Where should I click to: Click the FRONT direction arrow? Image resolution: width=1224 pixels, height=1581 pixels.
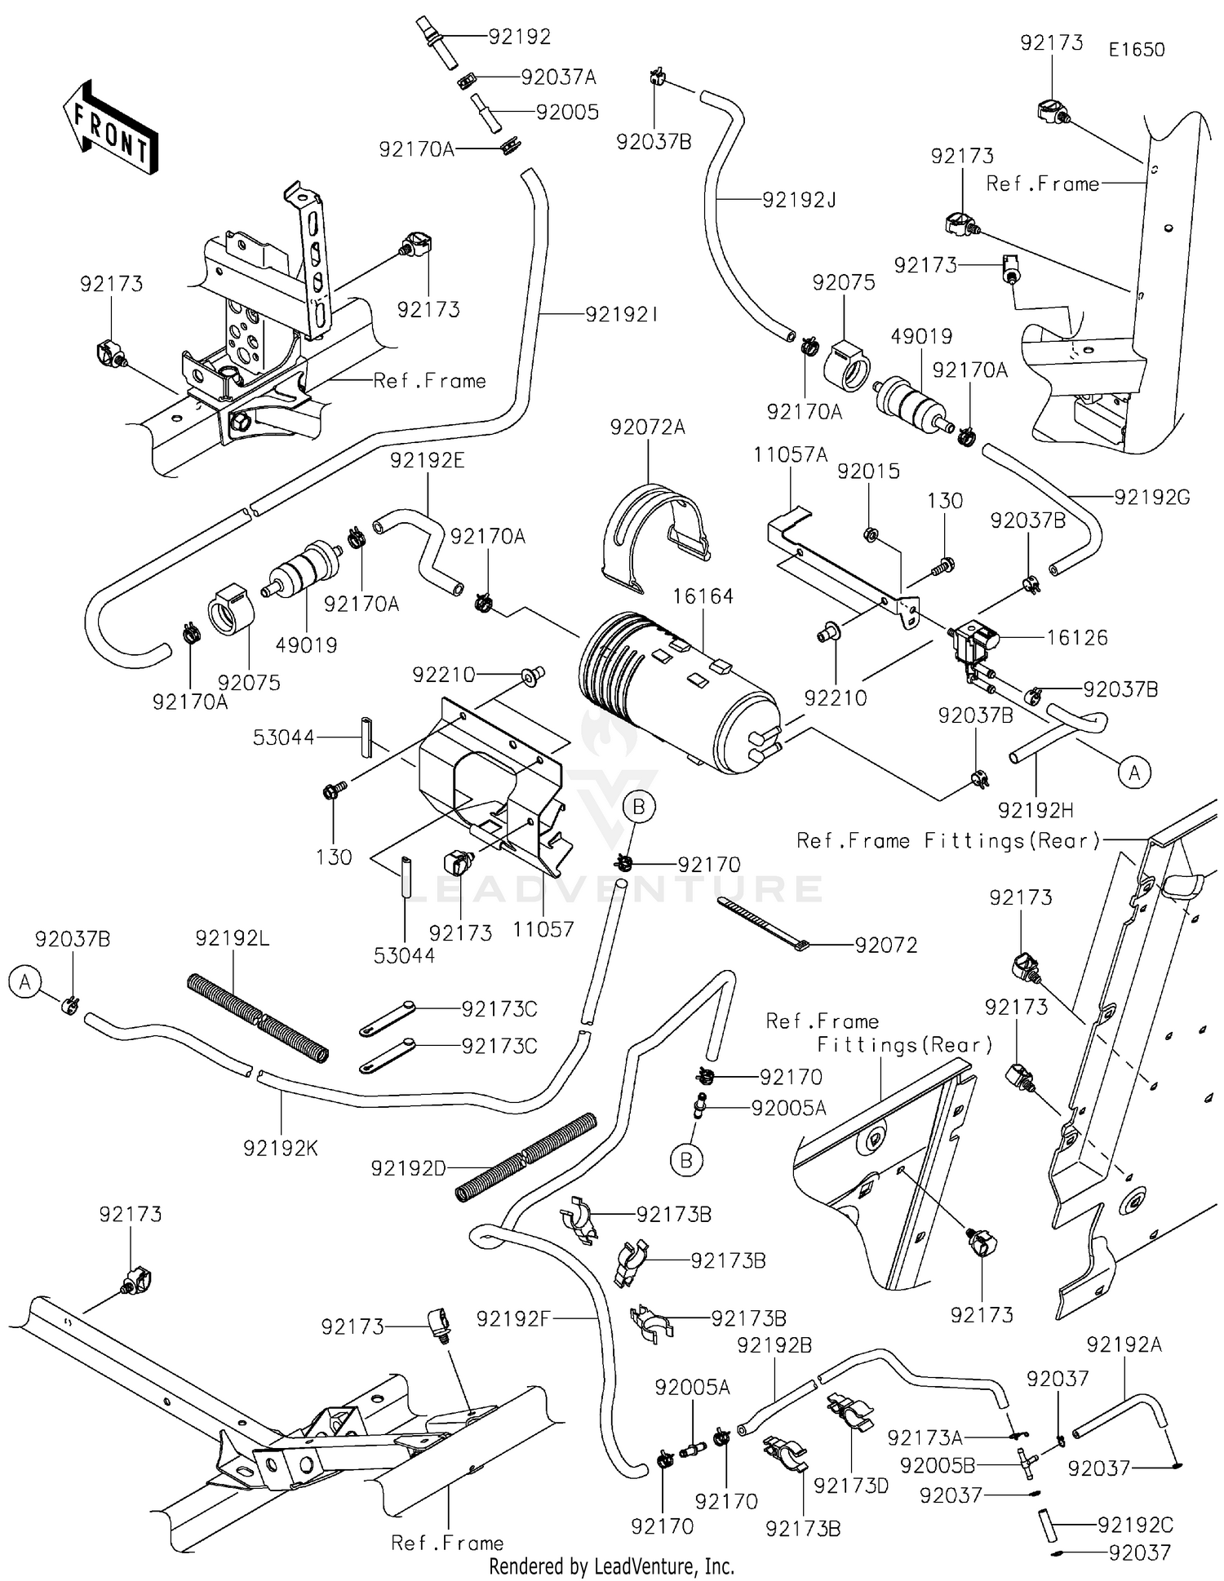pyautogui.click(x=110, y=127)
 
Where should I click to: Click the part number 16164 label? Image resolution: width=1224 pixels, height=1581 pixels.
pyautogui.click(x=703, y=596)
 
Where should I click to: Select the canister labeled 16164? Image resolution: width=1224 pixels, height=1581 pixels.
pyautogui.click(x=677, y=693)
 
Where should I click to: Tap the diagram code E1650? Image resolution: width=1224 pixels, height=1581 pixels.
pyautogui.click(x=1136, y=49)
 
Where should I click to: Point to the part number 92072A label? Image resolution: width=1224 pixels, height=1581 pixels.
pyautogui.click(x=648, y=427)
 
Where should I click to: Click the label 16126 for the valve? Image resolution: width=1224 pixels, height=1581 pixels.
pyautogui.click(x=1077, y=637)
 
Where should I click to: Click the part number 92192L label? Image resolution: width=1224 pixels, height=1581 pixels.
pyautogui.click(x=233, y=938)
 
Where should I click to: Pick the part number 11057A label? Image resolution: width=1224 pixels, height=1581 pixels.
pyautogui.click(x=790, y=454)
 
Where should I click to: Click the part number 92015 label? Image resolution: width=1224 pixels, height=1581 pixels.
pyautogui.click(x=868, y=471)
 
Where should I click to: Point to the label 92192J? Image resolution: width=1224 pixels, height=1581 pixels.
pyautogui.click(x=799, y=200)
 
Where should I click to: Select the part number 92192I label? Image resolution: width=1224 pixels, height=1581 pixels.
pyautogui.click(x=621, y=314)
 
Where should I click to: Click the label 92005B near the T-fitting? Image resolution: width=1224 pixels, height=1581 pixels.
pyautogui.click(x=937, y=1466)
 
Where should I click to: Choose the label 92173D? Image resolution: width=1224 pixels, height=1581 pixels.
pyautogui.click(x=851, y=1486)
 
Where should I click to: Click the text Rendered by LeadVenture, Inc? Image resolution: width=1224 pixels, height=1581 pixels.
pyautogui.click(x=611, y=1566)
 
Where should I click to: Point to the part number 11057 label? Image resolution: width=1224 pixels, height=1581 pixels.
pyautogui.click(x=543, y=928)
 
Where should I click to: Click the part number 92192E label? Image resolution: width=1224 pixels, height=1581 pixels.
pyautogui.click(x=427, y=460)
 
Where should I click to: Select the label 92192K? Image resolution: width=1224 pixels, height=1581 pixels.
pyautogui.click(x=281, y=1148)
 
